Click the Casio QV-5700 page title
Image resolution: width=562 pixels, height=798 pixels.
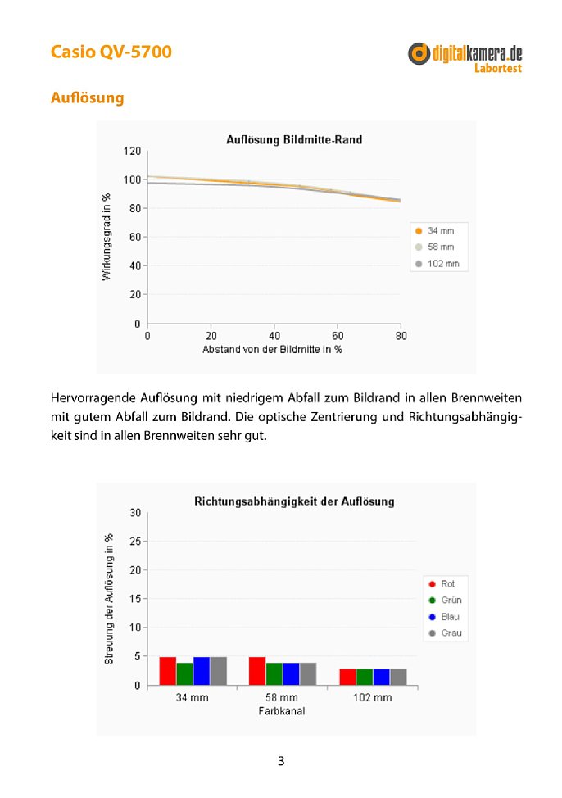click(111, 52)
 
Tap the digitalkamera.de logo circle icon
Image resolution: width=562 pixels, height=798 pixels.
click(419, 53)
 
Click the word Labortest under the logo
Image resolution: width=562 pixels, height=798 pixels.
click(498, 68)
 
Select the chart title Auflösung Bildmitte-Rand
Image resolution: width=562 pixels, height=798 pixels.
click(294, 139)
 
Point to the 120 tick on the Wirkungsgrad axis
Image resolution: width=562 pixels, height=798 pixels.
click(132, 151)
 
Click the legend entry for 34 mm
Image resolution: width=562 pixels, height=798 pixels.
click(435, 230)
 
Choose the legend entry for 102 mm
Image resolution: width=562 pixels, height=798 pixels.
click(437, 264)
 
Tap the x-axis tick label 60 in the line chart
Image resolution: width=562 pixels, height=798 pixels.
click(338, 336)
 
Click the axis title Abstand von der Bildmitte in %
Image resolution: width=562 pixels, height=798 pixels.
click(272, 350)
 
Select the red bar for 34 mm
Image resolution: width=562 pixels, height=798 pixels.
click(167, 671)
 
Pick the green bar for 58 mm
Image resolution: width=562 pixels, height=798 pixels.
click(274, 673)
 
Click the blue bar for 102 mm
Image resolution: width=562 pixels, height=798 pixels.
click(381, 677)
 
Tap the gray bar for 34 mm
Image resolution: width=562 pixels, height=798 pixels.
click(219, 671)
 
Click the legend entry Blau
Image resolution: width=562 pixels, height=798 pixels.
click(444, 617)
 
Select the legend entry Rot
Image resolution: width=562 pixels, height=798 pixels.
click(442, 583)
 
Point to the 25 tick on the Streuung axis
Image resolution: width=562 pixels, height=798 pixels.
click(135, 542)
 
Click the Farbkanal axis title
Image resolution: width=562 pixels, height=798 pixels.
click(282, 711)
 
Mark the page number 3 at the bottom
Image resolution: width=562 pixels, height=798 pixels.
click(281, 761)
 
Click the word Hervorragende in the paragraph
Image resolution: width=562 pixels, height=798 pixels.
click(93, 398)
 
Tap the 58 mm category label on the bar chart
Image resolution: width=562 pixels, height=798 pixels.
click(282, 698)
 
